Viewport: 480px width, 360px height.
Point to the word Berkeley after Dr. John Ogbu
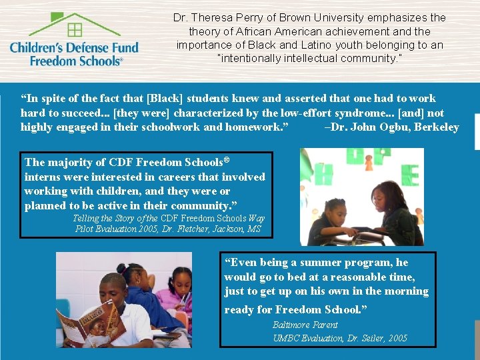437,127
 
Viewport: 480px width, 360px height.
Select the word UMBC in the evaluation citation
285,338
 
